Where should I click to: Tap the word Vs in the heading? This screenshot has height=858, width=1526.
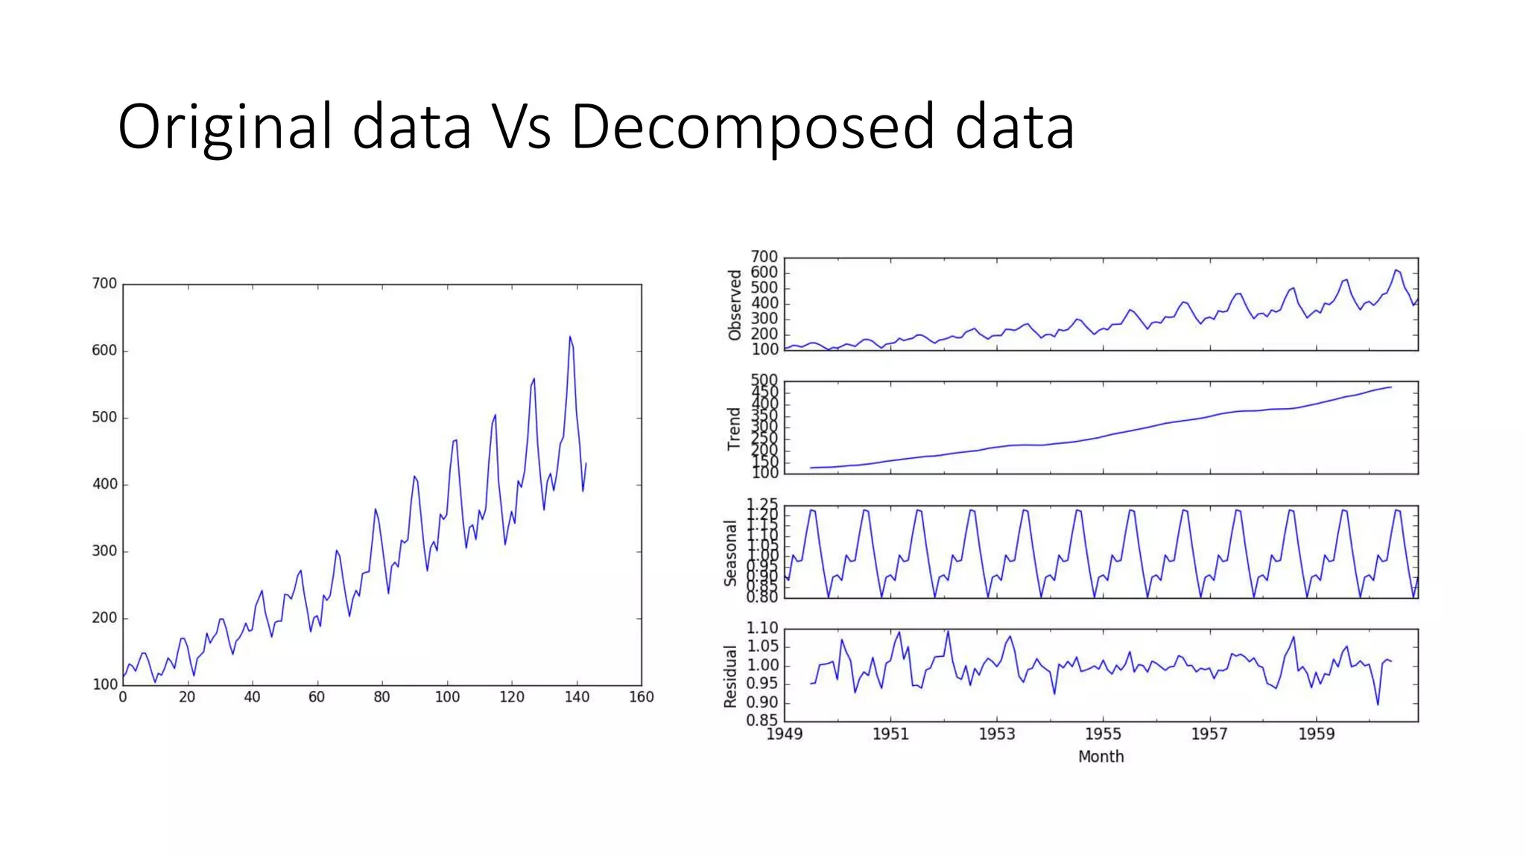522,127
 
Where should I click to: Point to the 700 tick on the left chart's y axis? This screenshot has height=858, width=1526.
104,284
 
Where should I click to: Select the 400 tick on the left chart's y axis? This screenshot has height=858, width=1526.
104,484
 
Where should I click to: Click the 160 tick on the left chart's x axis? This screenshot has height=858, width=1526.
642,697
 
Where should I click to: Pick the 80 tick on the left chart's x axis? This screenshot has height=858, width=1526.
381,697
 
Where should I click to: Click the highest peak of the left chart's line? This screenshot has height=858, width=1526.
570,337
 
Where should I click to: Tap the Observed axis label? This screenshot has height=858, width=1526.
735,305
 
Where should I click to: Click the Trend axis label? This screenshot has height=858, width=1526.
734,428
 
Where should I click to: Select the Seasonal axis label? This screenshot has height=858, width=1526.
730,553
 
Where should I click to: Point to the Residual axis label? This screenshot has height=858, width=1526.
730,676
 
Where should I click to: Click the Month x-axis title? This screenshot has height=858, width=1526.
1101,757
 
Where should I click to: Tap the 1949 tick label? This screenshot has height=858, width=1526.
785,734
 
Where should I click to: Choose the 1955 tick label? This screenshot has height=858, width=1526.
1103,734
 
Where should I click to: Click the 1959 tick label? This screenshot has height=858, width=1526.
1317,734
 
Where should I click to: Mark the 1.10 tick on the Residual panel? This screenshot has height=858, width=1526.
762,629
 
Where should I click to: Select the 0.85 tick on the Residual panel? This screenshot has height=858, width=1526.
762,720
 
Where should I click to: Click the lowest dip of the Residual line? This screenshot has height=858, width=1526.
1378,705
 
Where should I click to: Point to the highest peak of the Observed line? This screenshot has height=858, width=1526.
1396,270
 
